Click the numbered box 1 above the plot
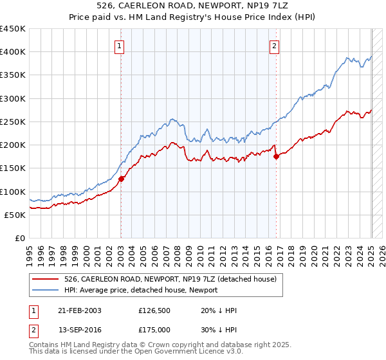(120, 46)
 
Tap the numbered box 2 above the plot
(275, 46)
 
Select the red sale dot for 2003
(121, 179)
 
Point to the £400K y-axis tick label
(13, 52)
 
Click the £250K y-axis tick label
(13, 122)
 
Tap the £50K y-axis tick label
(15, 215)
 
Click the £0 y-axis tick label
(21, 238)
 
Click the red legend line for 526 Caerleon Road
(45, 279)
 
